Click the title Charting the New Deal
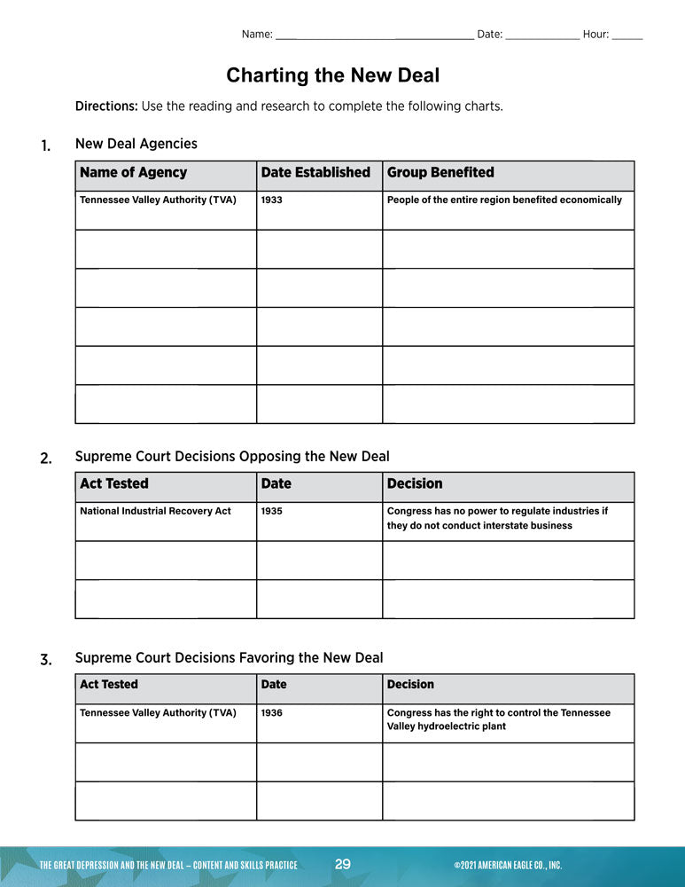tap(332, 75)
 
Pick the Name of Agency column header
tap(134, 173)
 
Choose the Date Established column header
tap(315, 173)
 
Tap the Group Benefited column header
tap(440, 173)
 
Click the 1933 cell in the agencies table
tap(271, 200)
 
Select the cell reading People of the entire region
tap(504, 200)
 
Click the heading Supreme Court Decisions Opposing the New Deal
tap(232, 457)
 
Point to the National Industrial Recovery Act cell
tap(155, 512)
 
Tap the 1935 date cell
tap(271, 512)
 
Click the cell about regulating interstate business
tap(497, 518)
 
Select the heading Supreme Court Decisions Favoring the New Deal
tap(229, 658)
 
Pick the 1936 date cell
tap(271, 713)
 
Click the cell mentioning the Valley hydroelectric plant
tap(498, 719)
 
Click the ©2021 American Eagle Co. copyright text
tap(507, 866)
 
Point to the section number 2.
tap(46, 459)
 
